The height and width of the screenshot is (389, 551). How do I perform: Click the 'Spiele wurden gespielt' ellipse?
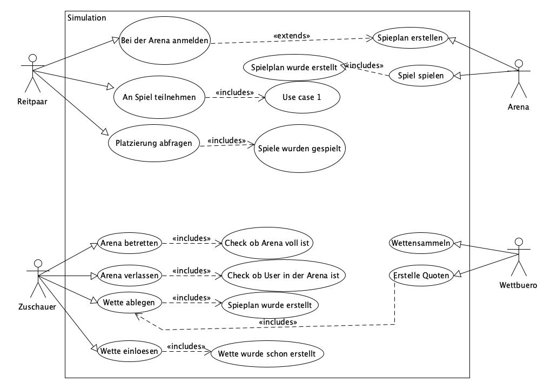point(300,149)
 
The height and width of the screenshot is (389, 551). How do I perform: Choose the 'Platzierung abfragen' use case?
point(153,144)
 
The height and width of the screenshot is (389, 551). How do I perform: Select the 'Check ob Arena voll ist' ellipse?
point(267,243)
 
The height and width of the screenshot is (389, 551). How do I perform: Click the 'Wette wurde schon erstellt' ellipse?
point(267,354)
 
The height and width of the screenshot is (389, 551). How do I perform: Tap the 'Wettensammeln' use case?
point(420,243)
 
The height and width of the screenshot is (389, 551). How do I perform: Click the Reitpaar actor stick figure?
point(33,73)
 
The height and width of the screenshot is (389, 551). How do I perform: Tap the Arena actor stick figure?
point(518,79)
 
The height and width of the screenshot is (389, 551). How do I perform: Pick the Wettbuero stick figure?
point(519,257)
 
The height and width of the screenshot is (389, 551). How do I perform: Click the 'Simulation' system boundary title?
point(86,18)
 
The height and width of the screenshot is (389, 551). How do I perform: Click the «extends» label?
point(292,36)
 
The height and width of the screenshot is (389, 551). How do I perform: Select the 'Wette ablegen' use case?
point(127,303)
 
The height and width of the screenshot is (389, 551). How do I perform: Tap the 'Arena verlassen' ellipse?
point(130,276)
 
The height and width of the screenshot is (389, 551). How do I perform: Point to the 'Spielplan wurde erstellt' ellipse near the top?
point(290,68)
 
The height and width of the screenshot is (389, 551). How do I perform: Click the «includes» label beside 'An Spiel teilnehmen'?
point(234,92)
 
